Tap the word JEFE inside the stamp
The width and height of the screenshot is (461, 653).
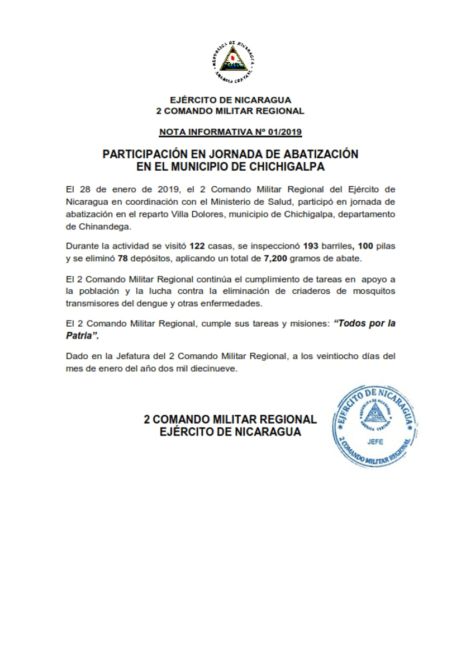376,441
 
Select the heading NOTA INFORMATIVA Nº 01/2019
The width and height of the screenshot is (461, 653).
230,133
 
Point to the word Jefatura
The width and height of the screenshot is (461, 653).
129,356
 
